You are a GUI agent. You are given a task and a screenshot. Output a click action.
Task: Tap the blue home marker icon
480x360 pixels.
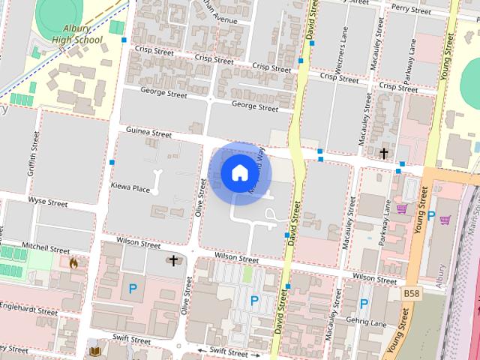point(239,172)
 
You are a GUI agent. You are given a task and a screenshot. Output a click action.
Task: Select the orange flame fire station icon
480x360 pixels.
point(73,262)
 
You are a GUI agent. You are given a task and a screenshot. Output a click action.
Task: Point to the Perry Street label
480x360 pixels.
point(410,9)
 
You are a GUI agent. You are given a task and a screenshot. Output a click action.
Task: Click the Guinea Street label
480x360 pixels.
point(149,132)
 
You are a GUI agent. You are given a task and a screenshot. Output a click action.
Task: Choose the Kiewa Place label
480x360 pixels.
point(130,190)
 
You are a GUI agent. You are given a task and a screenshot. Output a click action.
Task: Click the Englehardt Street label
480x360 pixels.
point(28,310)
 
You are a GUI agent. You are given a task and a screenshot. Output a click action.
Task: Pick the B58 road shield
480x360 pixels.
point(411,292)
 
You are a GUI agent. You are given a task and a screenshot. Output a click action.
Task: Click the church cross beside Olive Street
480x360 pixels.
point(174,261)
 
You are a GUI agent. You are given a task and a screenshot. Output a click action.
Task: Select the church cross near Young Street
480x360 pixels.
point(384,154)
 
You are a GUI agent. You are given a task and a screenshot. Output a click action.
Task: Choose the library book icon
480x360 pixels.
point(94,350)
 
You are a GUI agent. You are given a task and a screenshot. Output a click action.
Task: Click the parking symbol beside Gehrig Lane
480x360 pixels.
point(364,304)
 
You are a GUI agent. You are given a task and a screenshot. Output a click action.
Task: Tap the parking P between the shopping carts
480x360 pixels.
point(430,215)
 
